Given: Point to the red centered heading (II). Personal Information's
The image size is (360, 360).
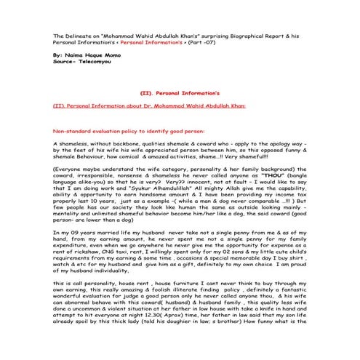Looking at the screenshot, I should pos(180,93).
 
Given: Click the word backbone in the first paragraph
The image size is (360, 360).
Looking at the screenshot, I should pos(125,144).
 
